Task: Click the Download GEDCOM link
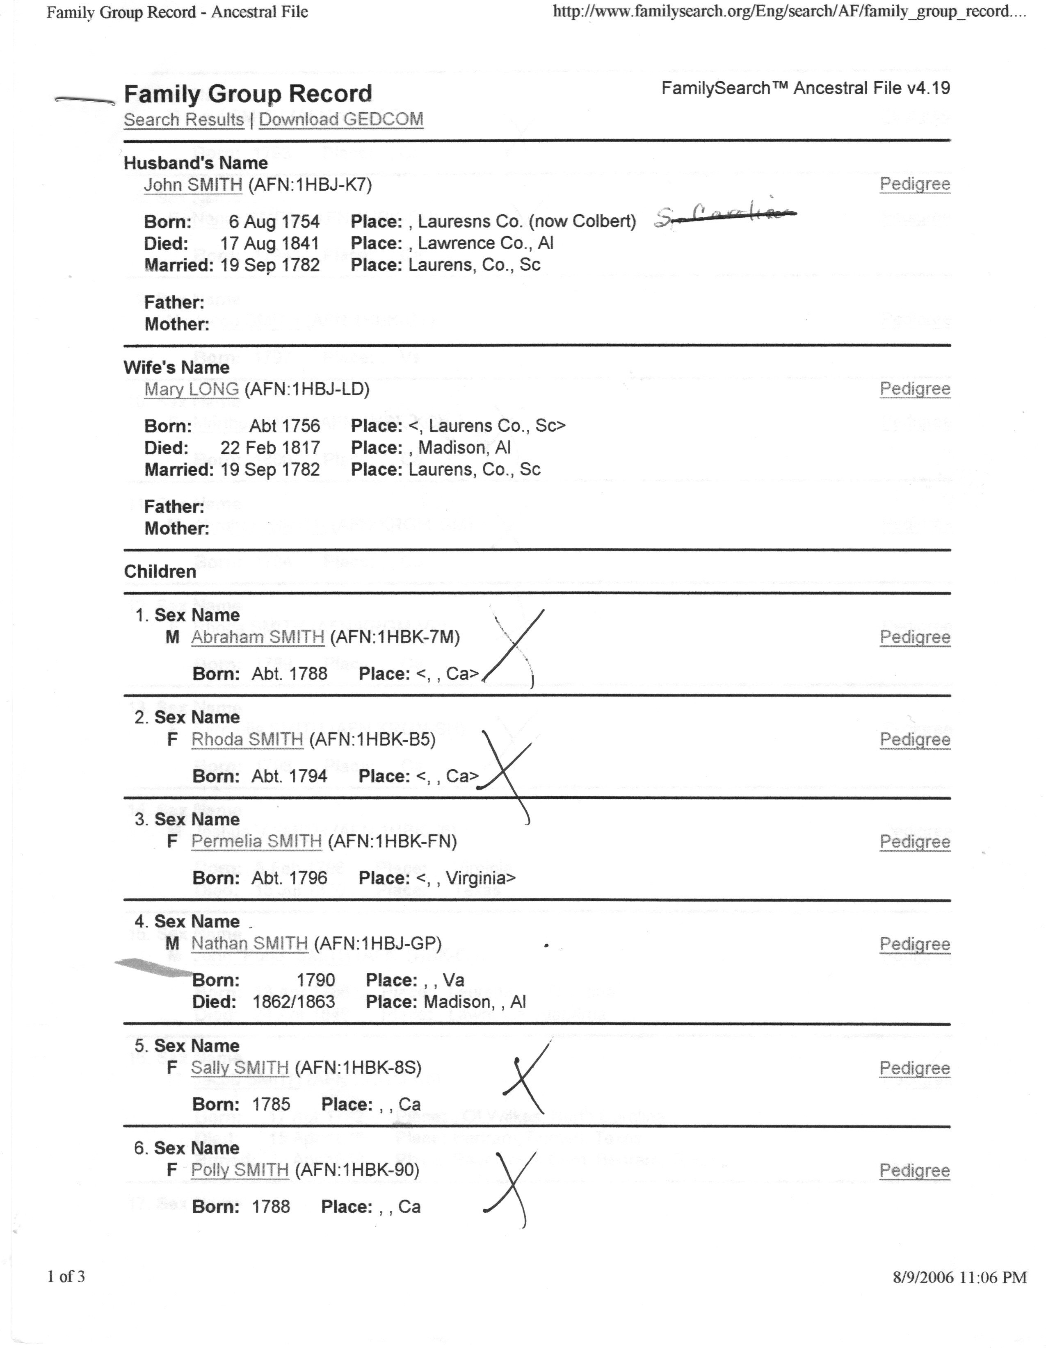(x=341, y=120)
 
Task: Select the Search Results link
(x=183, y=120)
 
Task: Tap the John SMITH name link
(x=193, y=184)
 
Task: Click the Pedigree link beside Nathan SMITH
(x=915, y=944)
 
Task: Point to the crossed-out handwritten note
(x=725, y=214)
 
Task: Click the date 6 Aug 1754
(x=274, y=222)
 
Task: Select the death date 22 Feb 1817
(x=270, y=448)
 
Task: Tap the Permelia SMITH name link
(x=256, y=841)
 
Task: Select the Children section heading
(x=160, y=571)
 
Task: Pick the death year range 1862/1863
(x=294, y=1002)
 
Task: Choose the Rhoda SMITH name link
(x=247, y=740)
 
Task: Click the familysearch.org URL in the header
(x=789, y=12)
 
